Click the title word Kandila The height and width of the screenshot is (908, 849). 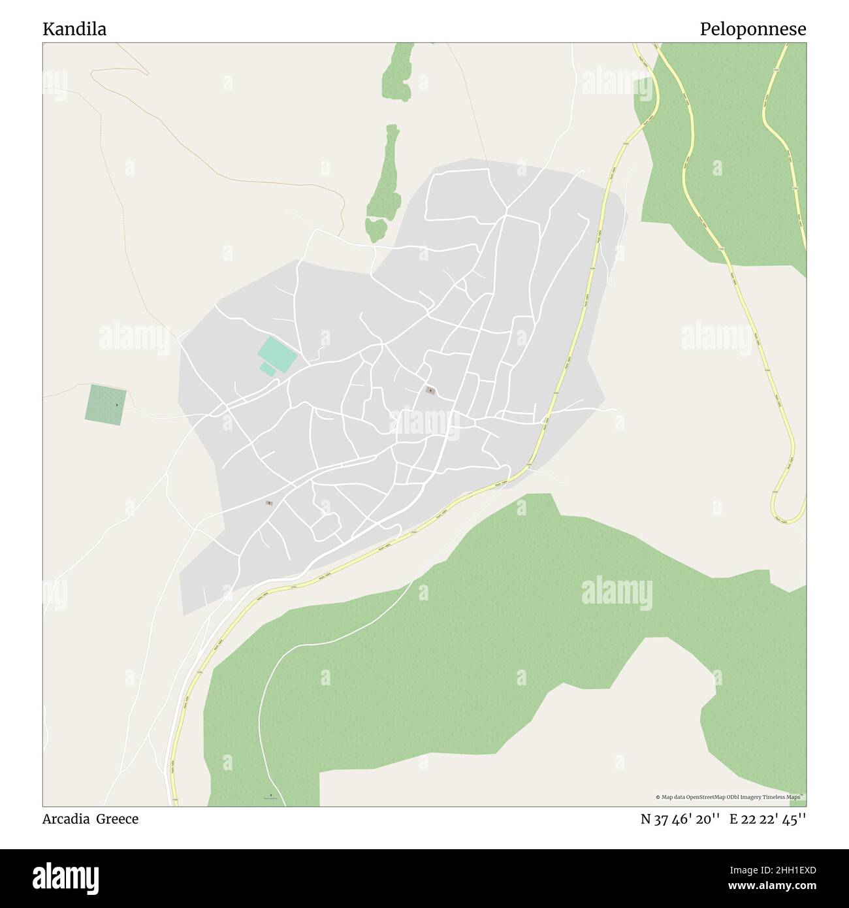pyautogui.click(x=74, y=29)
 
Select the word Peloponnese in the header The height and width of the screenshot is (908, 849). pyautogui.click(x=752, y=29)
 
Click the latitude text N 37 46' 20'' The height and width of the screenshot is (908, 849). pyautogui.click(x=680, y=819)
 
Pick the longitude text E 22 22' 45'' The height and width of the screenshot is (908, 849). pyautogui.click(x=767, y=819)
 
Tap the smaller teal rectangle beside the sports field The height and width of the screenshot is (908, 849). pyautogui.click(x=267, y=370)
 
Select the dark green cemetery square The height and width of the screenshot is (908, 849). pyautogui.click(x=106, y=405)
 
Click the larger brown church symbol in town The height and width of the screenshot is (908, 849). pyautogui.click(x=430, y=391)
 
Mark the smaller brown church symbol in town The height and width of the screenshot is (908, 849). pyautogui.click(x=268, y=502)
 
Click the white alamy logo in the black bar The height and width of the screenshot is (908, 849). pyautogui.click(x=66, y=877)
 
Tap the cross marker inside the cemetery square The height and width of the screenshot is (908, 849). pyautogui.click(x=117, y=405)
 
